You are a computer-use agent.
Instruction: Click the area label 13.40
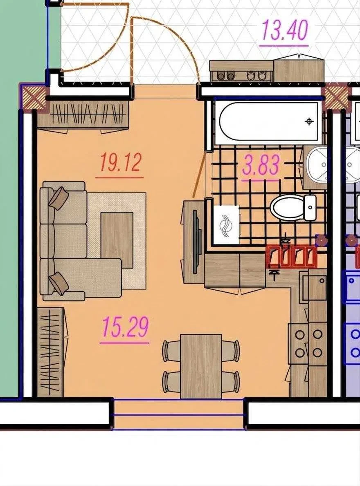click(x=285, y=30)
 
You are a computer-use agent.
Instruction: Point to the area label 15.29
click(x=125, y=327)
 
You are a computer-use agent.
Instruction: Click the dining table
click(x=201, y=366)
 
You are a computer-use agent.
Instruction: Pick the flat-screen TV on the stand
click(x=195, y=242)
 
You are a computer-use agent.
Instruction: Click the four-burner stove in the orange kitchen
click(x=308, y=343)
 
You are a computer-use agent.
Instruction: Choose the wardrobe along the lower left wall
click(x=52, y=352)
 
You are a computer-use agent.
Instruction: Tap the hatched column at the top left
click(x=33, y=96)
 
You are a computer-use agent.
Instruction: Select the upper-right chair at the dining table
click(x=231, y=351)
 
